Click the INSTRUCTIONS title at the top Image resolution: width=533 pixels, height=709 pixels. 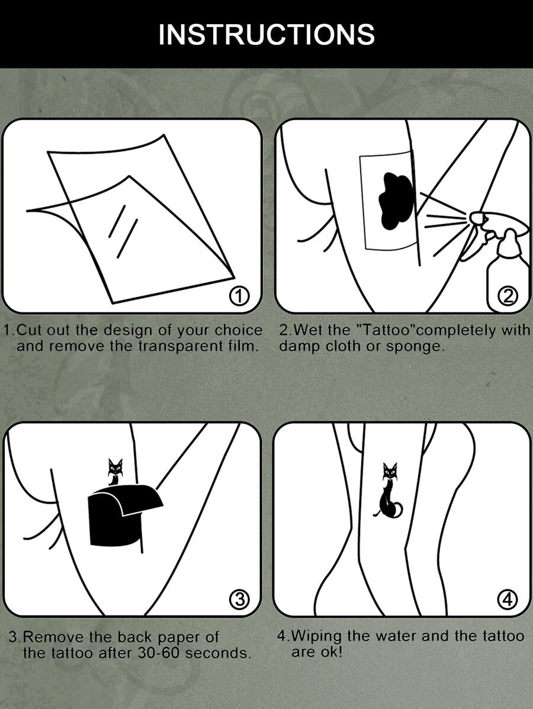[x=266, y=34]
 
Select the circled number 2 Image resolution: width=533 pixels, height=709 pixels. [x=508, y=296]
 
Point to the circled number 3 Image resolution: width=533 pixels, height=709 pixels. [x=240, y=599]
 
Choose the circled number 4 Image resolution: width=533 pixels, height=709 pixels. [x=507, y=599]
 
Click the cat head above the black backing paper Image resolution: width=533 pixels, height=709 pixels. [x=115, y=467]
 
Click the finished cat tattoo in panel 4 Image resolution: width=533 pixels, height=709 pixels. [x=389, y=491]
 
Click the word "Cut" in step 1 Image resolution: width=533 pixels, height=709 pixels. [x=28, y=330]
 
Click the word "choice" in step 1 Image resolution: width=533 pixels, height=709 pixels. [x=238, y=330]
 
